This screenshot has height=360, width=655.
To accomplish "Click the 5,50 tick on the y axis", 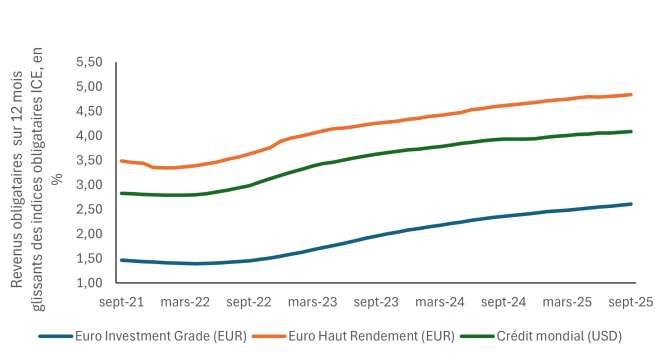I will click(x=90, y=62).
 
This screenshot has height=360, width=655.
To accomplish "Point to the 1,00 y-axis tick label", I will click(x=90, y=283).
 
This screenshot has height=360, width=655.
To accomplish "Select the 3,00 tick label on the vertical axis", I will click(x=90, y=185).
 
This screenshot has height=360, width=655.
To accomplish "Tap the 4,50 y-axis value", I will click(x=90, y=111).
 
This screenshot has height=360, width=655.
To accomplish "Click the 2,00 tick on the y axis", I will click(x=90, y=234).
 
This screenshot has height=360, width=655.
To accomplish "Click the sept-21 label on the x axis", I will click(x=120, y=300).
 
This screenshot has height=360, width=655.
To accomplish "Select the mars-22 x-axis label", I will click(x=184, y=300).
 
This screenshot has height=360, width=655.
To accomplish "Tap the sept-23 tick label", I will click(x=377, y=300).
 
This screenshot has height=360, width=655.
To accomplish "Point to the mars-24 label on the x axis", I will click(x=441, y=300).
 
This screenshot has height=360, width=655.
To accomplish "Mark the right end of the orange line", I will click(x=631, y=95).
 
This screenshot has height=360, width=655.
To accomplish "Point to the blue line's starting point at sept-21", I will click(x=121, y=260).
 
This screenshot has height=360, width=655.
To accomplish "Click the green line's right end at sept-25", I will click(x=631, y=131).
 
